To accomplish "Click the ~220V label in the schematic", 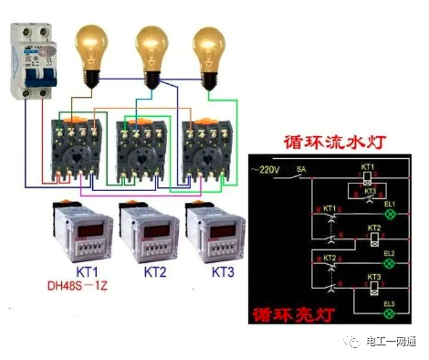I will pos(267,170).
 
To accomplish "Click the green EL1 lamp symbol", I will pos(390,213).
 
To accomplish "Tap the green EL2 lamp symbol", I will pos(390,263).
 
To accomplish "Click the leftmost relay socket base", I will pos(78,146).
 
